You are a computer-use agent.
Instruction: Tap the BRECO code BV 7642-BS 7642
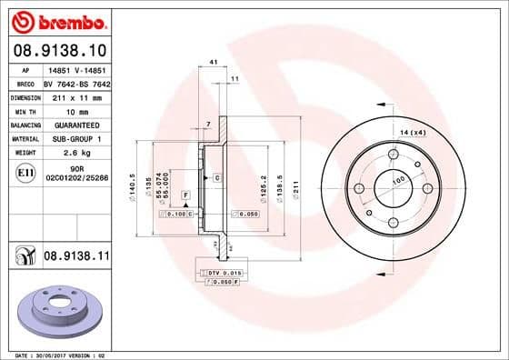click(76, 82)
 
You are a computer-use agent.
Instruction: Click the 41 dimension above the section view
click(213, 62)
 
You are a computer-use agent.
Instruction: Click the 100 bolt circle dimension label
click(397, 181)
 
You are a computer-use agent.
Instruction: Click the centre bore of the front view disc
click(393, 187)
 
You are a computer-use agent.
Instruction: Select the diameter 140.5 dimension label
click(133, 188)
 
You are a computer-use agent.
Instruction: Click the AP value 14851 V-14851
click(76, 68)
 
